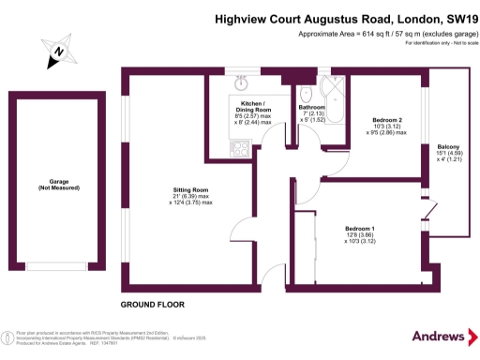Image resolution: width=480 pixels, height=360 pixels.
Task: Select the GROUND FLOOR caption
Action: [x=152, y=305]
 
